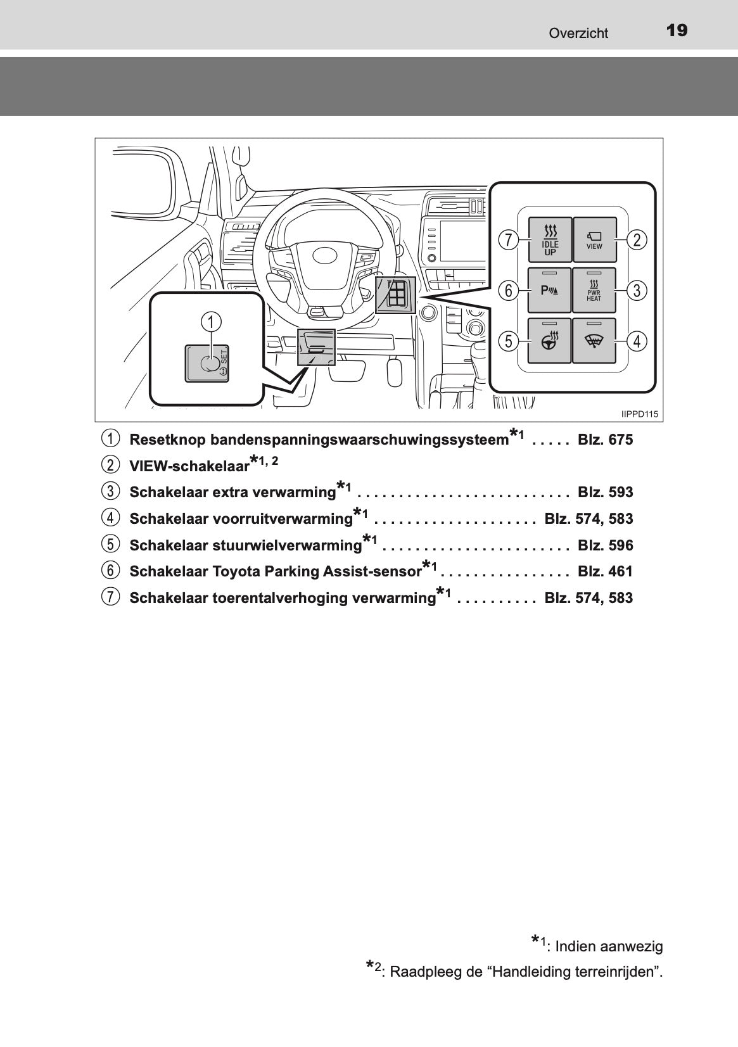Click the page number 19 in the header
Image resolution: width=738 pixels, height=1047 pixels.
pyautogui.click(x=677, y=30)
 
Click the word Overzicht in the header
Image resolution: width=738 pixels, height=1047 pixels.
pyautogui.click(x=578, y=34)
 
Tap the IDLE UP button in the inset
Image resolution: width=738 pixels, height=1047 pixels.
pyautogui.click(x=550, y=240)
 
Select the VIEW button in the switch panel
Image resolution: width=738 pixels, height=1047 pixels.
pyautogui.click(x=594, y=240)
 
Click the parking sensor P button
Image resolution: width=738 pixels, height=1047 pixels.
pyautogui.click(x=550, y=291)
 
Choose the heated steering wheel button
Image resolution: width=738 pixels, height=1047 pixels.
pyautogui.click(x=550, y=341)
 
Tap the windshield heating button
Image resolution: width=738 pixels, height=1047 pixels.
pyautogui.click(x=594, y=341)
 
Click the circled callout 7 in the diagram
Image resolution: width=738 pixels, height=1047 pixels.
pyautogui.click(x=507, y=240)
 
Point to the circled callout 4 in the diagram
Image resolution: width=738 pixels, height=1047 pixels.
pyautogui.click(x=636, y=341)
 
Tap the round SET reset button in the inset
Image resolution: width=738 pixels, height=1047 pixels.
pyautogui.click(x=208, y=364)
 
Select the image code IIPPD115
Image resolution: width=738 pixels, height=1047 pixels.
pyautogui.click(x=640, y=414)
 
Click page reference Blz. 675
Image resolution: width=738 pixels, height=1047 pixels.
pyautogui.click(x=605, y=440)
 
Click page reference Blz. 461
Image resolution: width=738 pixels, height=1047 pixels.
pyautogui.click(x=605, y=571)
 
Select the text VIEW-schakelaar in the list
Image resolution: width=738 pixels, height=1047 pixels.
pyautogui.click(x=189, y=466)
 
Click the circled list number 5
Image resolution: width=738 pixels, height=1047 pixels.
pyautogui.click(x=110, y=545)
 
